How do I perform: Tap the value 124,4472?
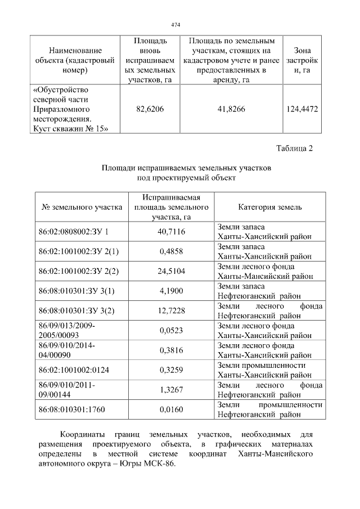coord(302,109)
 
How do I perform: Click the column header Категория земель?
coord(269,207)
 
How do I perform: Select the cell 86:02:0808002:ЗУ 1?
coord(73,231)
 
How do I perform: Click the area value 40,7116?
coord(172,231)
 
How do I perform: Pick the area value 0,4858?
coord(172,251)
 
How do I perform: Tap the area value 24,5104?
coord(172,271)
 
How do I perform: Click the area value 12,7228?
coord(172,310)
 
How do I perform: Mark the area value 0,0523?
coord(172,330)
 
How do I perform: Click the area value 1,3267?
coord(172,389)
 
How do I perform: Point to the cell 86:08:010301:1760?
coord(73,409)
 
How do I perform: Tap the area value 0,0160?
coord(172,409)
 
